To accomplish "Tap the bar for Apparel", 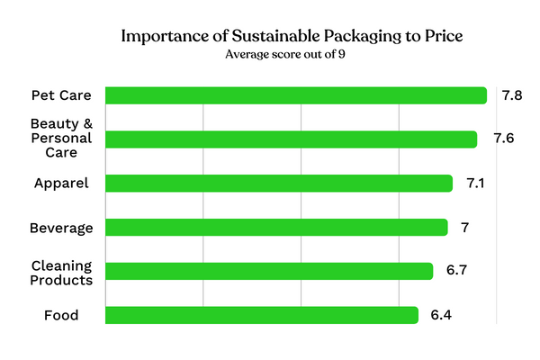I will [278, 184].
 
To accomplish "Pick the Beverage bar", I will [275, 228].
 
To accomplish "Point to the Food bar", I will [261, 315].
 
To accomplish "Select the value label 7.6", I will [504, 139].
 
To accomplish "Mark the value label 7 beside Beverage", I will [465, 228].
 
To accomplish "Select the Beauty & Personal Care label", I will [62, 139].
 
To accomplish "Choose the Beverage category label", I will [62, 228].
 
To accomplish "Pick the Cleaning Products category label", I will [62, 272].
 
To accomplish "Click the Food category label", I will [61, 316].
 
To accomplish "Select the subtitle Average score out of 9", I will [269, 55].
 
